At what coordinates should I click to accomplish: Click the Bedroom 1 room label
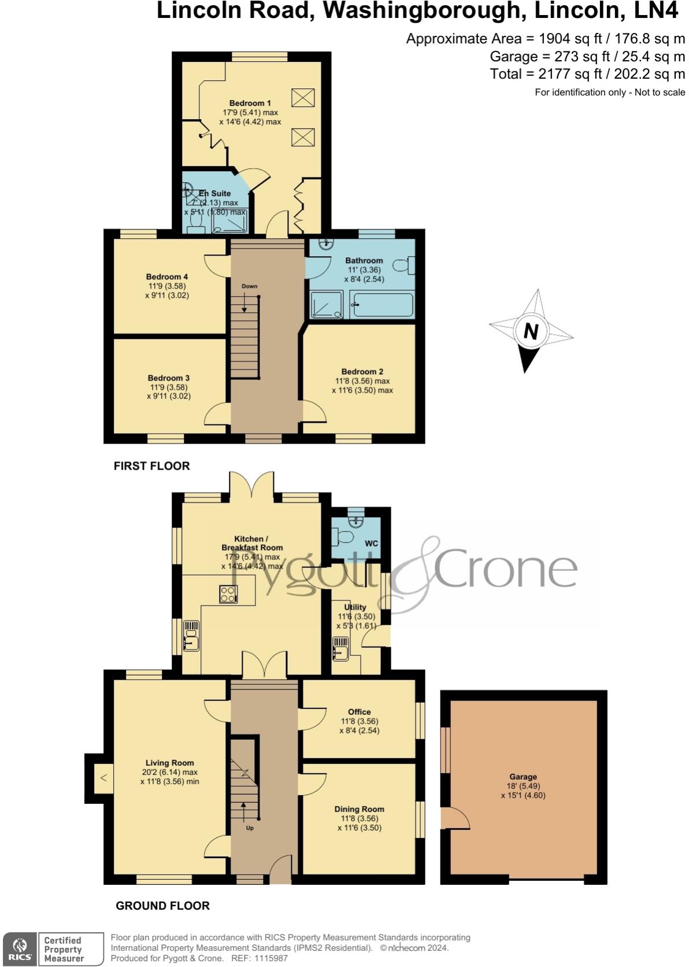pos(250,103)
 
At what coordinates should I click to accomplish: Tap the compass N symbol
pos(531,331)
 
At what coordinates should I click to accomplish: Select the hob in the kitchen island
pos(228,594)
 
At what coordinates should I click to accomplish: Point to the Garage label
pos(523,777)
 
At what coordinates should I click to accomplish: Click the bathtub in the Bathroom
pos(383,304)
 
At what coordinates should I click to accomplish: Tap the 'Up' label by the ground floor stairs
pos(250,828)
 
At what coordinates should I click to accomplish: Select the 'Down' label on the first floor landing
pos(250,286)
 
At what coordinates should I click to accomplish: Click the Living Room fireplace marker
pos(103,778)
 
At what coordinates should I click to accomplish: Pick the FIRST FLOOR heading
pos(151,466)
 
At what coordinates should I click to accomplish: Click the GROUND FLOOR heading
pos(162,906)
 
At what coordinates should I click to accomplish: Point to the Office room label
pos(359,712)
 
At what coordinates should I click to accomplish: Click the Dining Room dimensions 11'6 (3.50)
pos(359,828)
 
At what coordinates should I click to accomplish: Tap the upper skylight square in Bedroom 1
pos(303,98)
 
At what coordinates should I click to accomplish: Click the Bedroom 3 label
pos(168,378)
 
